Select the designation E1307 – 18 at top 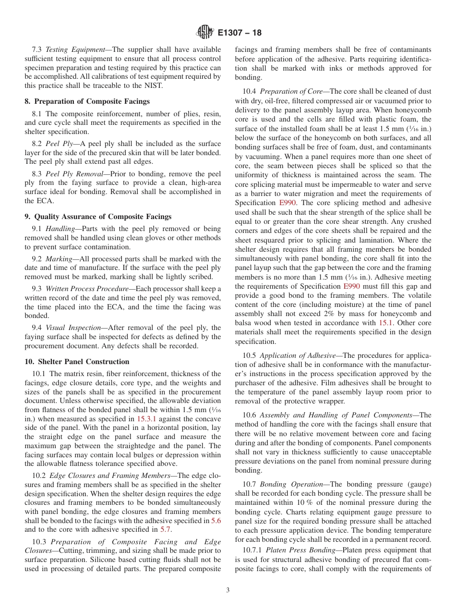240,33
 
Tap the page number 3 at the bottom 228,590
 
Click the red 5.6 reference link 216,521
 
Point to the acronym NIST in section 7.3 153,86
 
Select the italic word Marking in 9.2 59,259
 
